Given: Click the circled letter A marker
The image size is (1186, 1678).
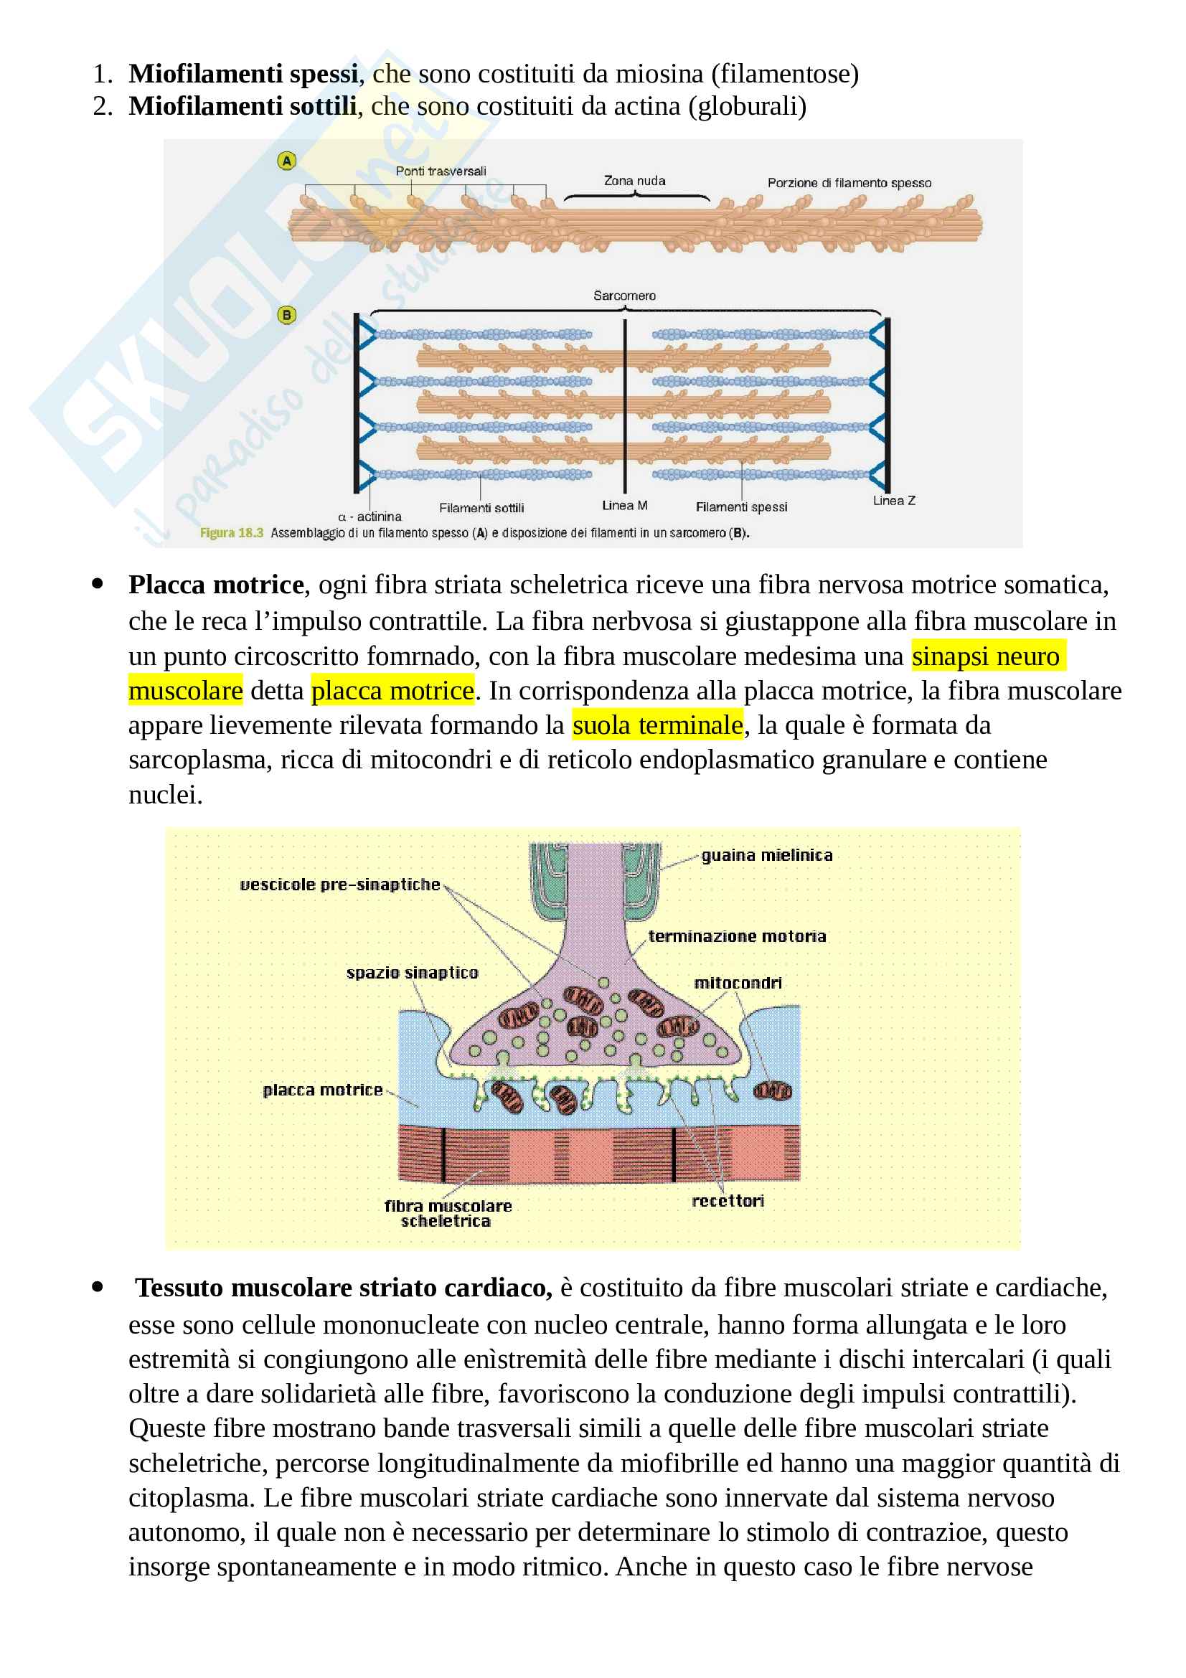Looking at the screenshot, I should click(286, 161).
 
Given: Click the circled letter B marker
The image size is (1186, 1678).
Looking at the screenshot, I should click(286, 315).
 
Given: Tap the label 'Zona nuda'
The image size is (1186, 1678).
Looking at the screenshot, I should click(634, 181).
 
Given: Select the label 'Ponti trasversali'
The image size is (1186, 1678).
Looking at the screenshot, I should click(441, 171).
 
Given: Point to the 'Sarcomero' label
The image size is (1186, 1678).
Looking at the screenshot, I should click(624, 296).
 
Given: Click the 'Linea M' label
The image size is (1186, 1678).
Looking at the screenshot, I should click(624, 505).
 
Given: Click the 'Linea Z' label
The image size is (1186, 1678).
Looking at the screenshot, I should click(893, 501).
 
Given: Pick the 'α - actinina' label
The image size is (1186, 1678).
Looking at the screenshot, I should click(370, 517).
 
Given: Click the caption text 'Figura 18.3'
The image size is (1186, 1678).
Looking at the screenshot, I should click(231, 533).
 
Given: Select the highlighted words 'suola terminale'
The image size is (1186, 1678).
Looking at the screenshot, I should click(657, 725).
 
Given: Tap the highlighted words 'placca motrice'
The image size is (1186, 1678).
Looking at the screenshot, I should click(392, 691).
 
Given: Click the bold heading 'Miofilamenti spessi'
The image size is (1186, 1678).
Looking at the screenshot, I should click(243, 74).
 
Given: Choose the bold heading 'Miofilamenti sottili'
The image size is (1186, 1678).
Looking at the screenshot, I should click(242, 107).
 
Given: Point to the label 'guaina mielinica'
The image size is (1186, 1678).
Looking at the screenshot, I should click(766, 855).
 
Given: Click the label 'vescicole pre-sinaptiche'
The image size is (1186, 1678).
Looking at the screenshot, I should click(340, 885).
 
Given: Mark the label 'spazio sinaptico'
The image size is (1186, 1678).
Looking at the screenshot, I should click(412, 973).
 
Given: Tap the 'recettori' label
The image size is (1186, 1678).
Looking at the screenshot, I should click(728, 1201).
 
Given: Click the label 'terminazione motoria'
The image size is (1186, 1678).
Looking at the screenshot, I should click(737, 936).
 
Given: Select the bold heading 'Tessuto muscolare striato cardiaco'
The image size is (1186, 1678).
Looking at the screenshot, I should click(344, 1288).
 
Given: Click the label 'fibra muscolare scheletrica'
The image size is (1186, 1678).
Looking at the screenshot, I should click(447, 1213).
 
